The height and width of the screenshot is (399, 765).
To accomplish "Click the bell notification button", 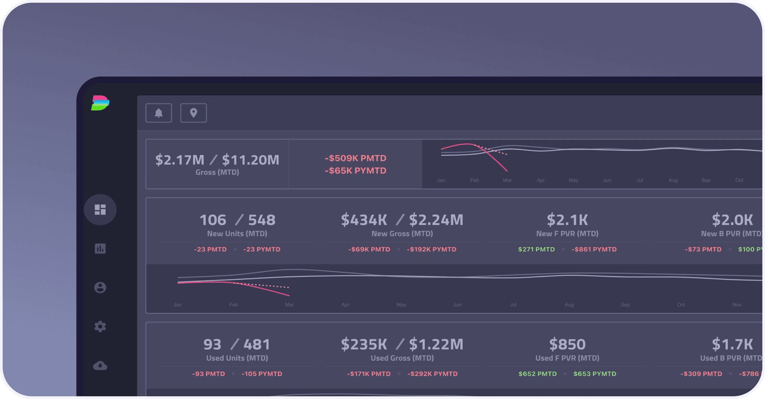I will [158, 113].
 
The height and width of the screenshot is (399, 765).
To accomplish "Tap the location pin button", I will [193, 113].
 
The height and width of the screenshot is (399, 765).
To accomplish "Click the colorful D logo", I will [100, 103].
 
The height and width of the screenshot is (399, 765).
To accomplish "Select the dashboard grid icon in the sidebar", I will [100, 209].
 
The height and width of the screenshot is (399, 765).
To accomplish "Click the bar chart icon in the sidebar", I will [100, 249].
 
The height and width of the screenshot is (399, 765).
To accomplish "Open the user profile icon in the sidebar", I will [100, 288].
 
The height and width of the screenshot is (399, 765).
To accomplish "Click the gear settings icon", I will [100, 326].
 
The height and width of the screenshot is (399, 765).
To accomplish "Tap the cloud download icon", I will [100, 365].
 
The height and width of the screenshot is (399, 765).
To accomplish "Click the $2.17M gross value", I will [180, 160].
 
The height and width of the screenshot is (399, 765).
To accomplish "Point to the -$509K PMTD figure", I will [355, 158].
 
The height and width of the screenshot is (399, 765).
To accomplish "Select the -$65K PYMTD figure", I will [355, 171].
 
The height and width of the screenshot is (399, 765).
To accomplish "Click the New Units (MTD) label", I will [237, 234].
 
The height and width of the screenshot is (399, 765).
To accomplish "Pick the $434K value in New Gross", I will [364, 220].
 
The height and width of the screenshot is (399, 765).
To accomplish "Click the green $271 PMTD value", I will [536, 249].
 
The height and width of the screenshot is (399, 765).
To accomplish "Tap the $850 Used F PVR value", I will [567, 344].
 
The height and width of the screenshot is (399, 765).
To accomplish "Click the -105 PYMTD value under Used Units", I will [261, 374].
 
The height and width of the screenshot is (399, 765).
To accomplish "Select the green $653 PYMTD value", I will [595, 374].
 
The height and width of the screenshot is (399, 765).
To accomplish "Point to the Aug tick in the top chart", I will [673, 180].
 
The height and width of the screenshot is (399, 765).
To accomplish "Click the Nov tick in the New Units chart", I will [737, 305].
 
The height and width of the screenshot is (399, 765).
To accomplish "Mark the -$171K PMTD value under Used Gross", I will [369, 374].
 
